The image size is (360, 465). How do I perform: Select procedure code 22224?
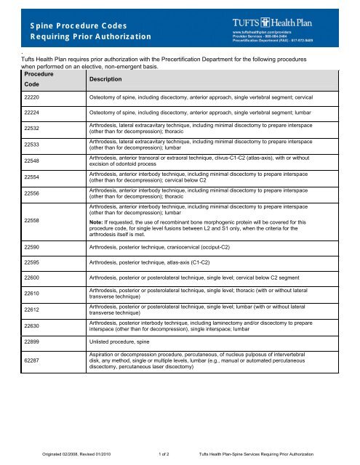click(33, 113)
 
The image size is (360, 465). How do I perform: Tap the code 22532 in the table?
click(33, 129)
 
